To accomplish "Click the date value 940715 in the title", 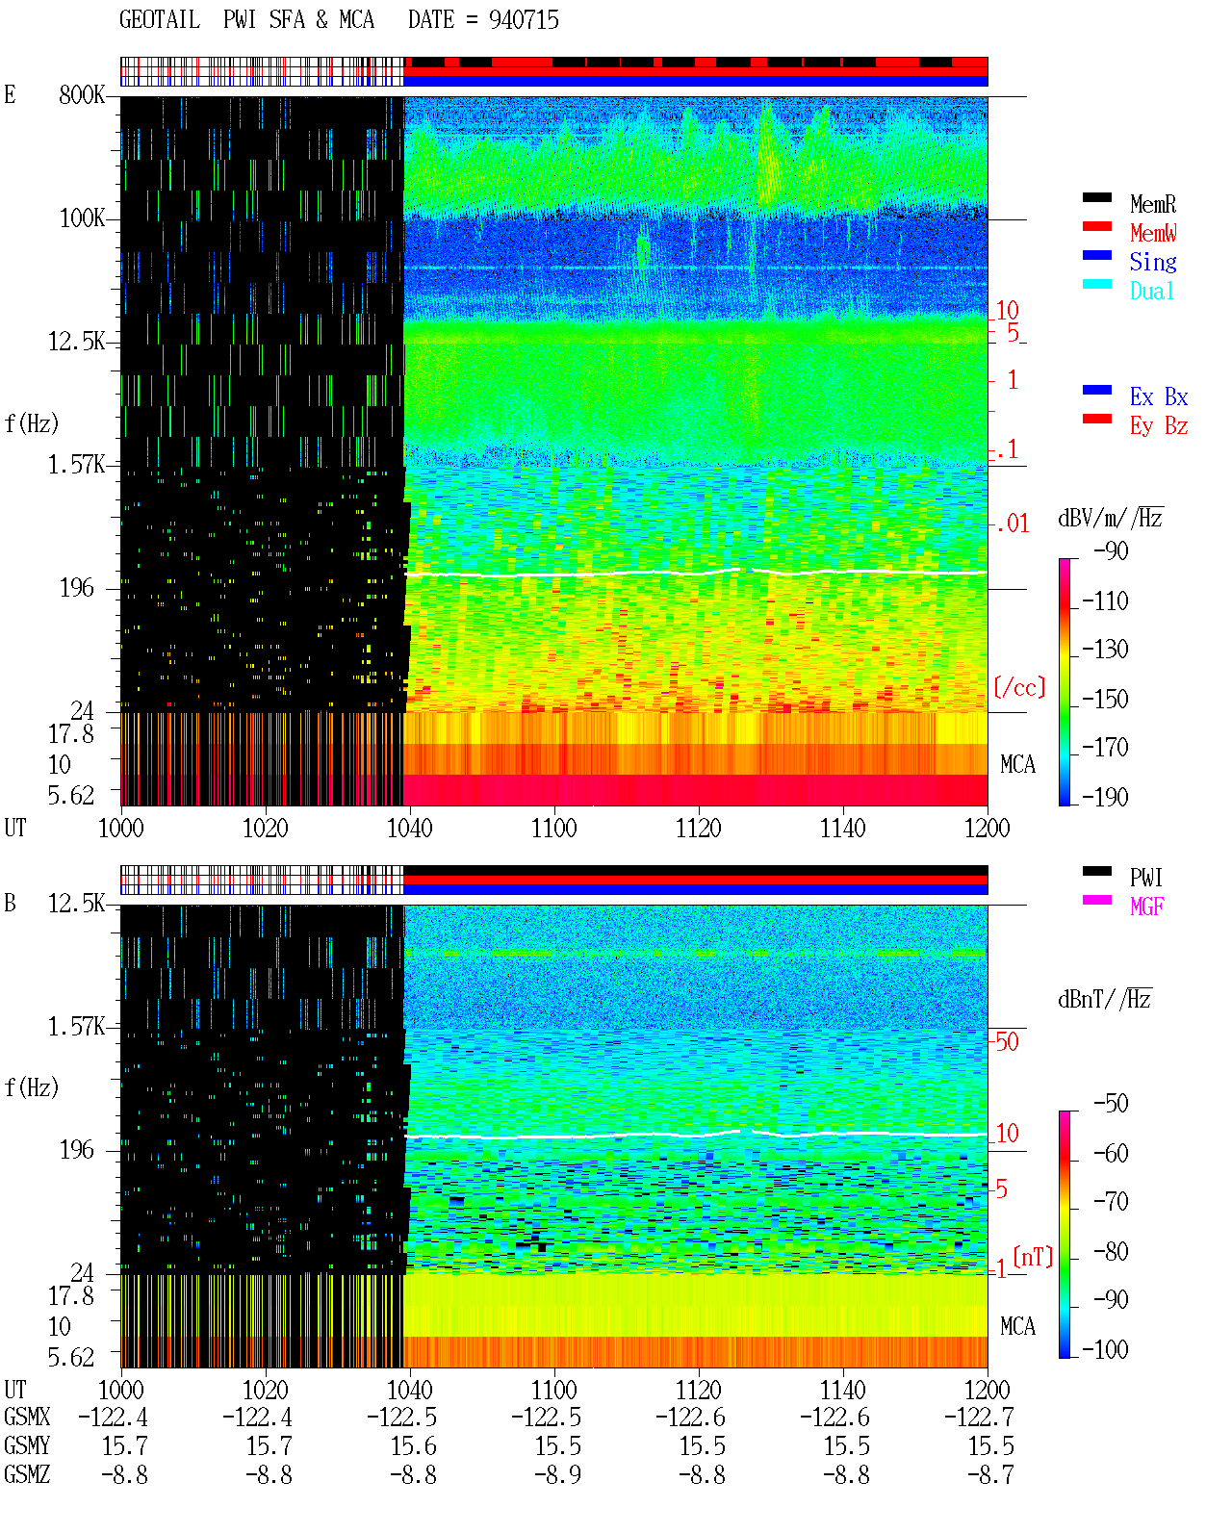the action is click(524, 20).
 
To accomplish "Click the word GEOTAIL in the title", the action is click(160, 20).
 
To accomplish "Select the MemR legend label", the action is click(1153, 204).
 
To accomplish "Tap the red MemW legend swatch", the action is click(1096, 226).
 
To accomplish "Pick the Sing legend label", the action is click(1153, 262).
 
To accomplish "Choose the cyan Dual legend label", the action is click(1151, 291).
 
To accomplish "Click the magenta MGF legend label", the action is click(1146, 907).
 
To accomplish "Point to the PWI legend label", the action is click(1145, 878).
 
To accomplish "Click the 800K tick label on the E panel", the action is click(82, 94).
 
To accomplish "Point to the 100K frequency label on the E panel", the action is click(82, 218).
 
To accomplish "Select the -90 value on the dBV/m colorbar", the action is click(1111, 550).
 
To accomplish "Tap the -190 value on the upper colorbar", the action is click(1105, 797).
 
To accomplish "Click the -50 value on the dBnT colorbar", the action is click(1111, 1104).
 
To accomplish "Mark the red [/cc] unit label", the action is click(1019, 687).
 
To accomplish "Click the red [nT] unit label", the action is click(1033, 1257).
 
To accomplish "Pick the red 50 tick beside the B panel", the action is click(1007, 1042).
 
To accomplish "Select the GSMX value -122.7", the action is click(979, 1418).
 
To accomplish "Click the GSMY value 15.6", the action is click(413, 1446).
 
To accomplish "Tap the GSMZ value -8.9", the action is click(558, 1474).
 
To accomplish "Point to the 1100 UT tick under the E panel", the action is click(553, 829).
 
